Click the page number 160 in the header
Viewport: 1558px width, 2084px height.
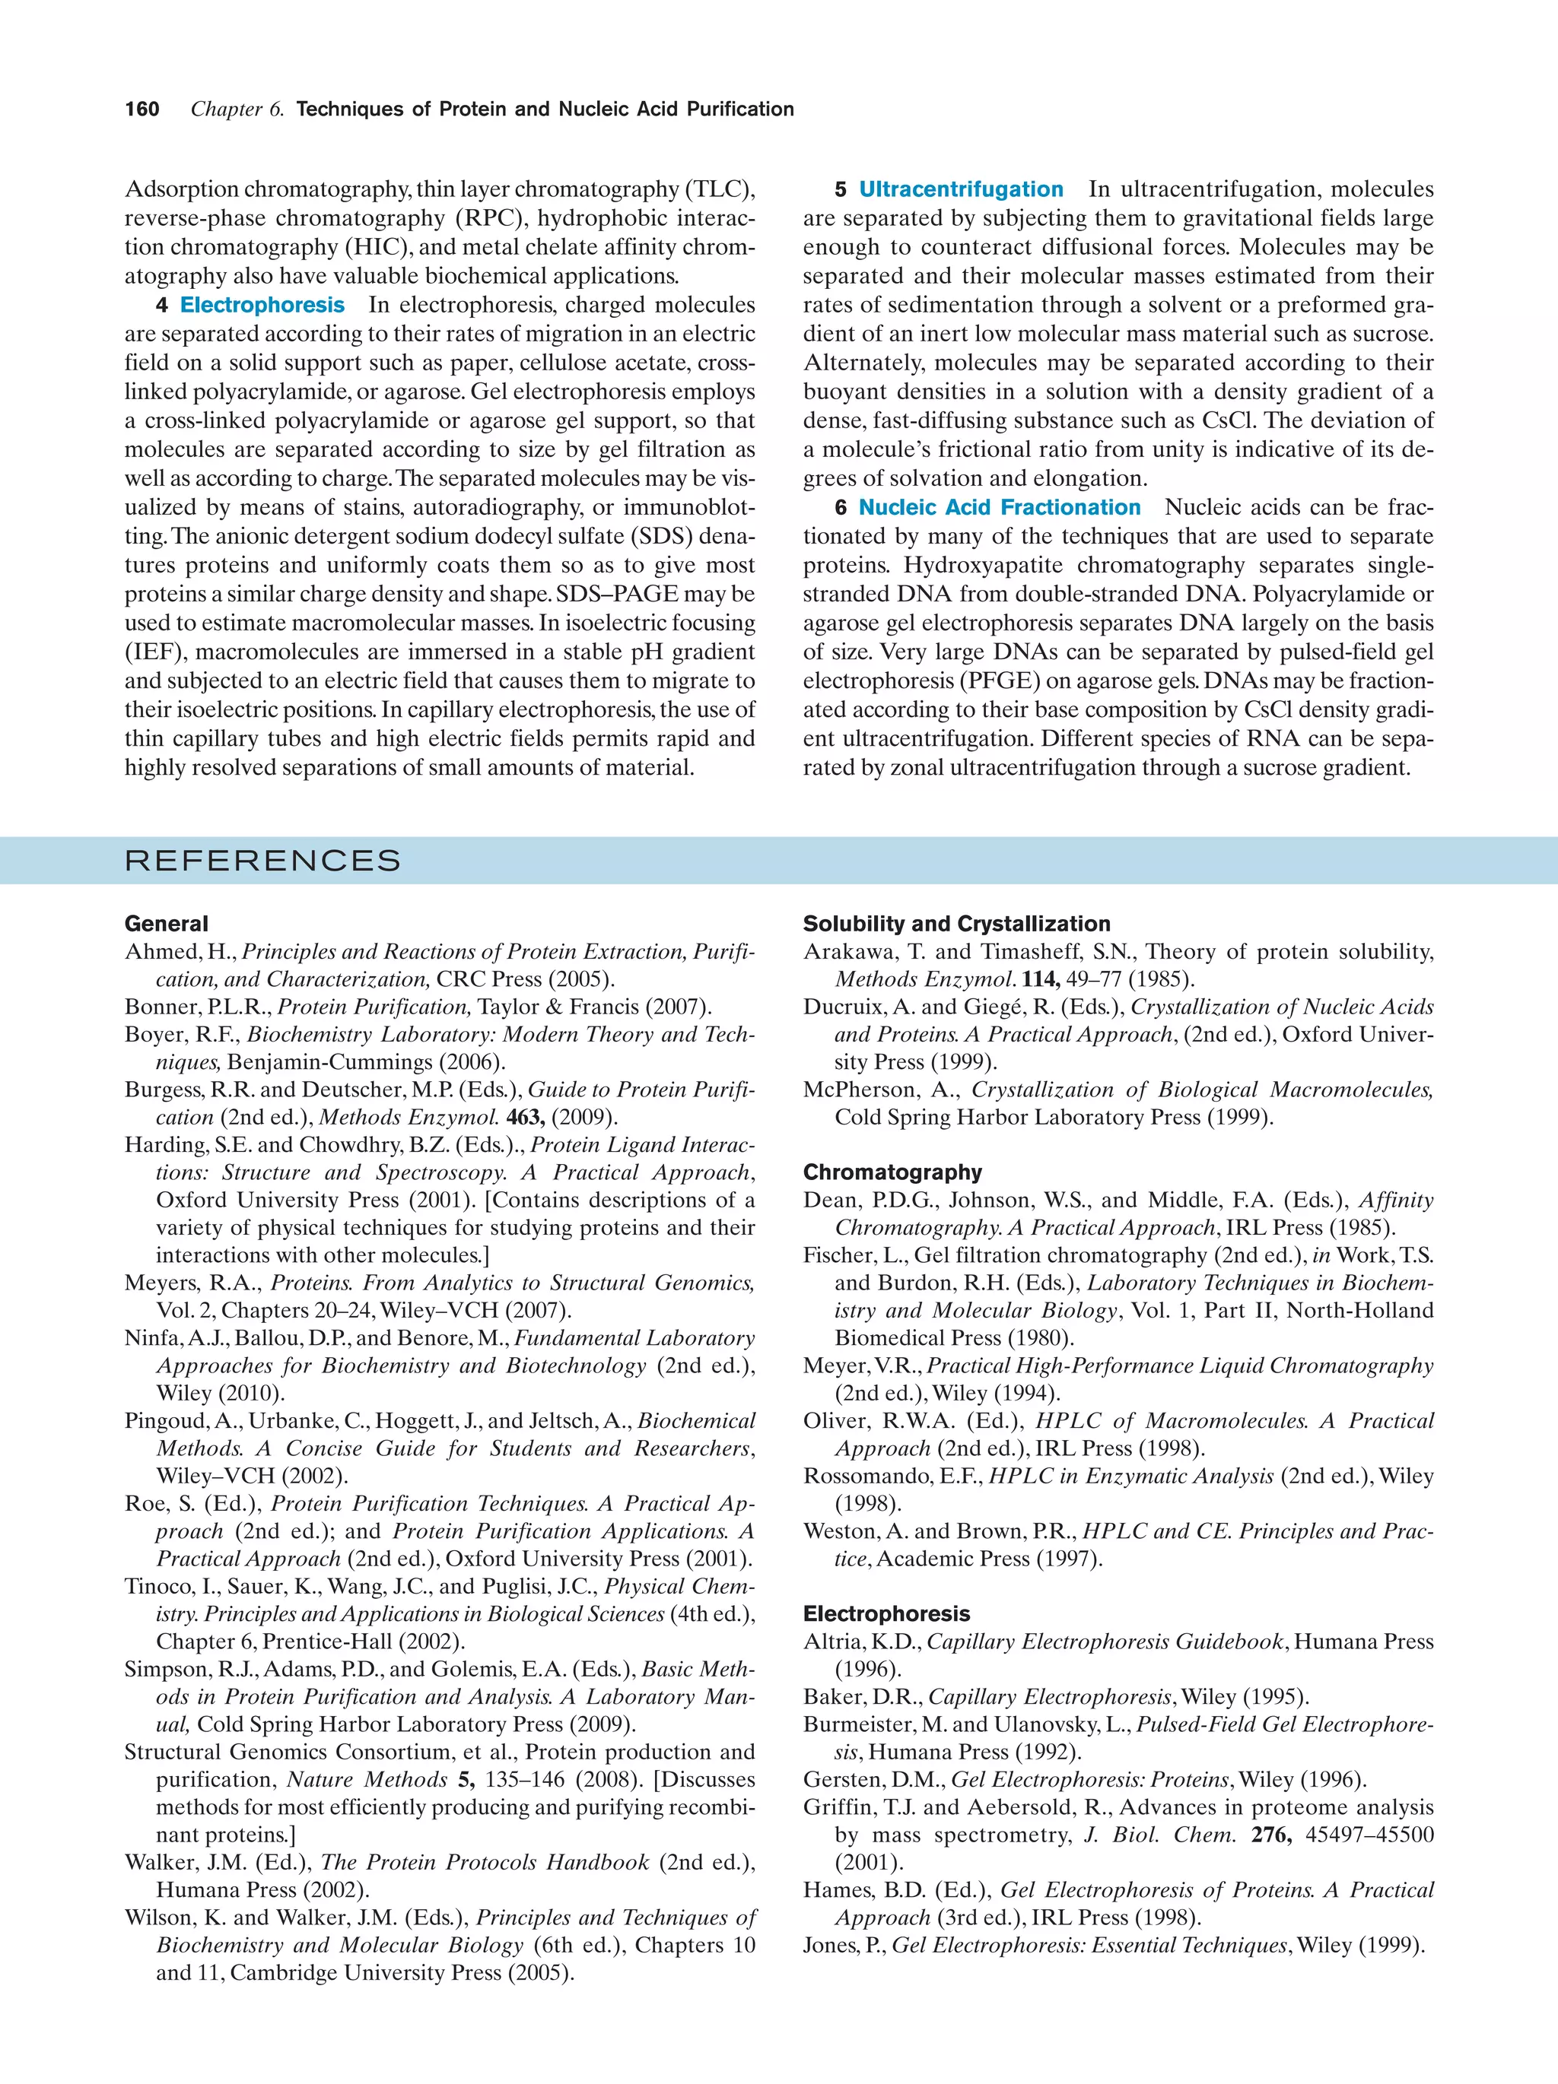(x=142, y=109)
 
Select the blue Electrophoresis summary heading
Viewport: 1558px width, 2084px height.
(x=262, y=305)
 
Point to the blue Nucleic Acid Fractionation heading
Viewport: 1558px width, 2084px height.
(x=998, y=508)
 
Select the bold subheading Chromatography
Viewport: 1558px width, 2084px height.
(x=892, y=1173)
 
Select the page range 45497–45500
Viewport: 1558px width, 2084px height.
(x=1369, y=1835)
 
